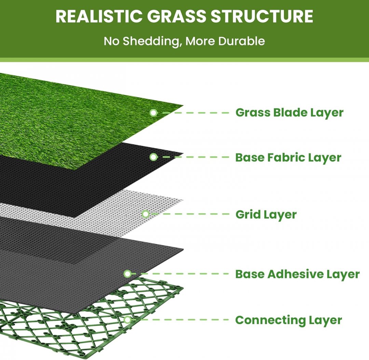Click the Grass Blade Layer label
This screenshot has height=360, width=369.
tap(289, 112)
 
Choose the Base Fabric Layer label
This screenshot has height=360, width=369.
tap(288, 158)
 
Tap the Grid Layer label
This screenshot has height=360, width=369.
tap(266, 215)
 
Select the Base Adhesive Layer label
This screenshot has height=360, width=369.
tap(297, 274)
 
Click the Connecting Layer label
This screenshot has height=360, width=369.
tap(288, 320)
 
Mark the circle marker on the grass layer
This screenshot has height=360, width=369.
tap(154, 112)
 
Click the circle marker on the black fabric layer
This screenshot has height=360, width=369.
tap(154, 157)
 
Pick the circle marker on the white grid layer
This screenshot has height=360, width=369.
tap(146, 214)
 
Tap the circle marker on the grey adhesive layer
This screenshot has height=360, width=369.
tap(127, 274)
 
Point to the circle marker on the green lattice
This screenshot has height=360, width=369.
tap(127, 320)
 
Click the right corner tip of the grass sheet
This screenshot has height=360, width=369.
tap(182, 106)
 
